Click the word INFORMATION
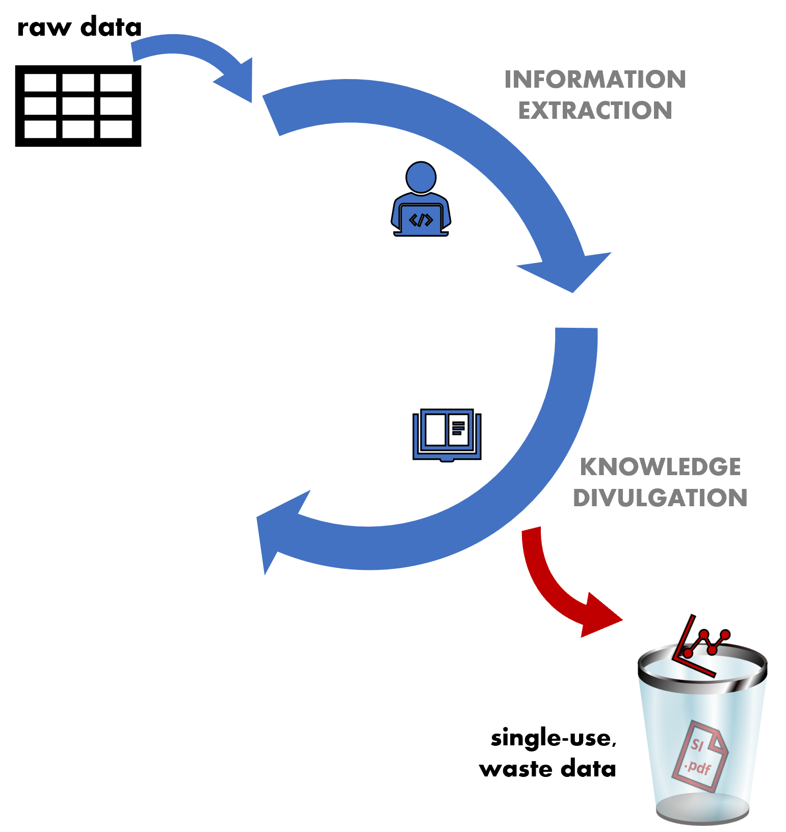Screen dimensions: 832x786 coord(595,80)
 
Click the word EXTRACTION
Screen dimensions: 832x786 coord(595,111)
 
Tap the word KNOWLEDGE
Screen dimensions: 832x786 coord(660,467)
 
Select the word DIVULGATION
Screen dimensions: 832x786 coord(660,498)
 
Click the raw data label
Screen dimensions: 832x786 coord(79,27)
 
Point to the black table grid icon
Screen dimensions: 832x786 coord(78,106)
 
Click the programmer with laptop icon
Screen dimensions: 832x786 coord(421,201)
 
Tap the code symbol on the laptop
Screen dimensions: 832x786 coord(421,220)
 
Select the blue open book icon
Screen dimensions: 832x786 coord(447,435)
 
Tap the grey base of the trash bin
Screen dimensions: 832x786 coord(702,811)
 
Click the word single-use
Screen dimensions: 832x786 coord(553,738)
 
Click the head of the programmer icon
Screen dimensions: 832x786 coord(421,177)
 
